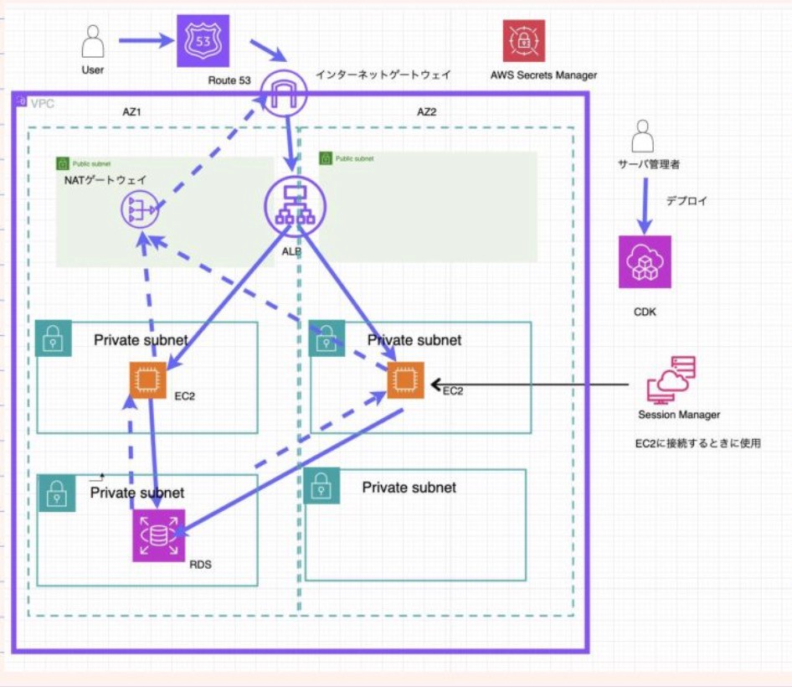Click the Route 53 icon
coord(203,41)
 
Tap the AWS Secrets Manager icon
coord(524,41)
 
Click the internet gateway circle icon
coord(284,92)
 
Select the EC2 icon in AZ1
coord(148,380)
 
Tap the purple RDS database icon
coord(158,535)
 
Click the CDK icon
coord(645,262)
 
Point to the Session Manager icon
coord(671,380)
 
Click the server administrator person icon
coord(642,136)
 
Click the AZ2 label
coord(427,112)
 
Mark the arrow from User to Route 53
coord(146,40)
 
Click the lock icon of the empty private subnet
coord(321,486)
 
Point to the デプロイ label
coord(687,201)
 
